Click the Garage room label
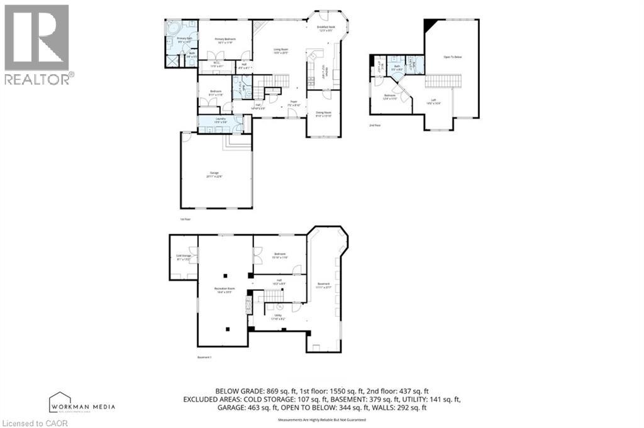[214, 175]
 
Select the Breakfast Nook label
[325, 29]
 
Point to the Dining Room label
[323, 114]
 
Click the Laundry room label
[220, 120]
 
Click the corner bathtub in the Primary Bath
[173, 28]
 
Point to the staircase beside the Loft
[444, 82]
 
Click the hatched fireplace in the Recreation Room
[248, 306]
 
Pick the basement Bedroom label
[279, 256]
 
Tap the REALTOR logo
[37, 44]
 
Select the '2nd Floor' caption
[375, 126]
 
